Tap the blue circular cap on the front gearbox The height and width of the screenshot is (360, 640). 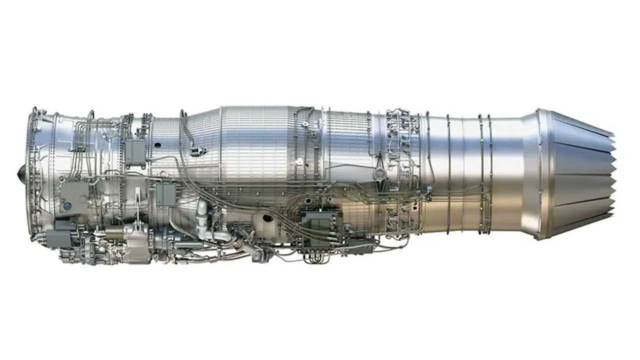66,205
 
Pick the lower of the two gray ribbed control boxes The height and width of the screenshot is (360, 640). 165,194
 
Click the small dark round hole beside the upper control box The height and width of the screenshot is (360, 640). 158,145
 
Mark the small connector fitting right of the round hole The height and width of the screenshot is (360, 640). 194,150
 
